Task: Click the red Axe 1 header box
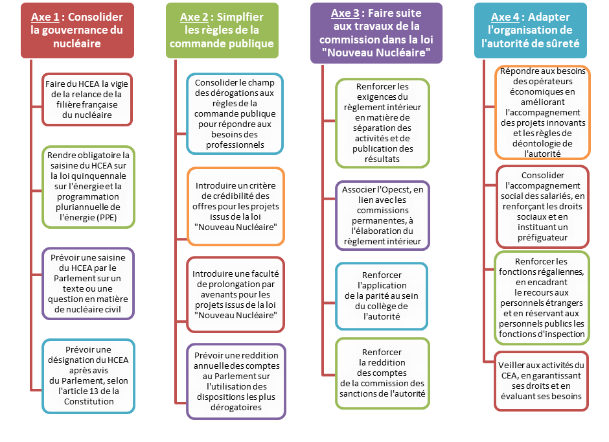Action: [76, 30]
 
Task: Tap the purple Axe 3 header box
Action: [376, 32]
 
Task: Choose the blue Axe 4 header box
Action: [530, 30]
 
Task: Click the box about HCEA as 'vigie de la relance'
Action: [87, 99]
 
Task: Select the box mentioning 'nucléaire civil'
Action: [87, 283]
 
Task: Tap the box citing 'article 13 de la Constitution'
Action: [87, 375]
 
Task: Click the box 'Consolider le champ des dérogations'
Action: [235, 113]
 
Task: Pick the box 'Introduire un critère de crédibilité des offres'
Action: [235, 206]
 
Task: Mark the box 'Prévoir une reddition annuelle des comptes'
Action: [235, 381]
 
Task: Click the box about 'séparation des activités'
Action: [382, 122]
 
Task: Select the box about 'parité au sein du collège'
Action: [382, 296]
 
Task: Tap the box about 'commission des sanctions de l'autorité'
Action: [382, 373]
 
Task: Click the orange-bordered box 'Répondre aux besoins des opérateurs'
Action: [542, 112]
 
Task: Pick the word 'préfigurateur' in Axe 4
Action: [542, 237]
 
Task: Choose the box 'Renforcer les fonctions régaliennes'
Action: [542, 298]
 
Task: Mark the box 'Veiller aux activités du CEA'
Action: [542, 380]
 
